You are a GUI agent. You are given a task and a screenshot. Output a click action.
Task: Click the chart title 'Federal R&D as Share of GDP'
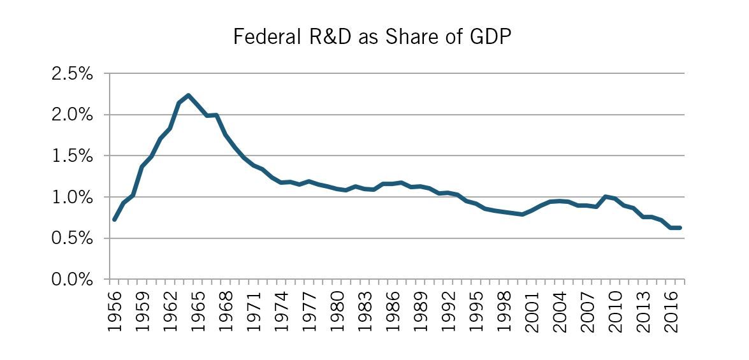click(x=373, y=37)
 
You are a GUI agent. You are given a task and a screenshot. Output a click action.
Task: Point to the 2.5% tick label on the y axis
click(x=72, y=74)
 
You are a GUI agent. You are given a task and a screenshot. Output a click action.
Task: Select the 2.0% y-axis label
click(x=72, y=115)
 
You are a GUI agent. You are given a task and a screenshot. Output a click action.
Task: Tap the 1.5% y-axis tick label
click(x=72, y=156)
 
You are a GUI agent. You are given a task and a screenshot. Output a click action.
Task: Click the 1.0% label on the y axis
click(x=72, y=198)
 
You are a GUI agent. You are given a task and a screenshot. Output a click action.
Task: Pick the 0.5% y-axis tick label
click(x=72, y=239)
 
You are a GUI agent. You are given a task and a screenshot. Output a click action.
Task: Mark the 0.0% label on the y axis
click(x=72, y=280)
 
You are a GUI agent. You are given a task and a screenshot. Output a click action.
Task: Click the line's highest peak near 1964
click(x=188, y=96)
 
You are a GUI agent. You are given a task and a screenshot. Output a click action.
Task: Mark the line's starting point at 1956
click(x=114, y=220)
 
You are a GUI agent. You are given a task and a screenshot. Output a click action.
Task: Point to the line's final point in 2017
click(x=680, y=227)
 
